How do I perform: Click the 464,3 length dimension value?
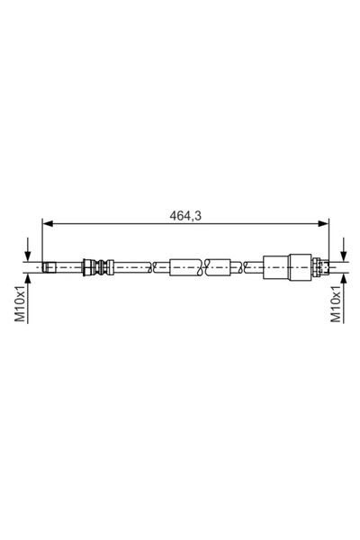185,216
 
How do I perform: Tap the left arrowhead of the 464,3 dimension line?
47,224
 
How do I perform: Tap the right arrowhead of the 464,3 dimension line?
323,224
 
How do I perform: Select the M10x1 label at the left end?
20,304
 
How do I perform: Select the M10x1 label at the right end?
336,304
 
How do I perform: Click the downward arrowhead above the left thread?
28,256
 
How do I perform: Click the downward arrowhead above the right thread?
344,256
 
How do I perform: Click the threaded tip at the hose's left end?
49,267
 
